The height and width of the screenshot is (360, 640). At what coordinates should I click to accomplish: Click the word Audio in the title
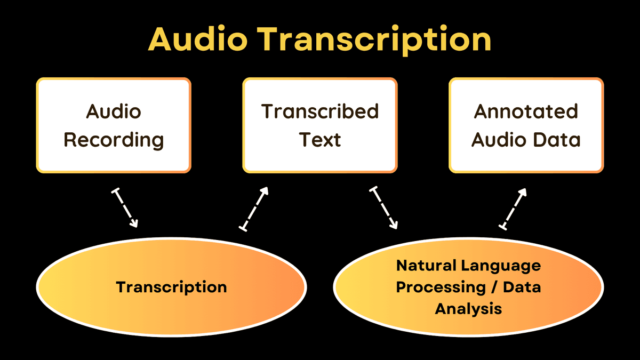point(198,39)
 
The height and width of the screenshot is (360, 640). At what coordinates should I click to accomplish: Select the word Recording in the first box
point(114,140)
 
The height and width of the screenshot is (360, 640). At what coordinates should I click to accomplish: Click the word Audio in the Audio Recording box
point(114,111)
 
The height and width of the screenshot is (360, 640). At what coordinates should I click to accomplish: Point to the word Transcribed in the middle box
point(320,111)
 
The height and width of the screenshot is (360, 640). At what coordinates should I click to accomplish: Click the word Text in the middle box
point(320,140)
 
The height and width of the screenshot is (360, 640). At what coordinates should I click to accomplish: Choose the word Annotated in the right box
point(526,111)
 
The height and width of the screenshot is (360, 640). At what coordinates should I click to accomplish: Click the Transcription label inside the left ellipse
point(171,287)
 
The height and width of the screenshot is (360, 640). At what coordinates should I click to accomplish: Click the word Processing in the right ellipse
point(441,287)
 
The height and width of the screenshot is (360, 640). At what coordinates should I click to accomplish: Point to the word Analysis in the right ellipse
point(469,309)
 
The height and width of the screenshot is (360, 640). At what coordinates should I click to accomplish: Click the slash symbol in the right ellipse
point(494,287)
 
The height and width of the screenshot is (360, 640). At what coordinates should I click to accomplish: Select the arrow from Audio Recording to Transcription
point(125,208)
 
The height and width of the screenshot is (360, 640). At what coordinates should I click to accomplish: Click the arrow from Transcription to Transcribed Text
point(254,209)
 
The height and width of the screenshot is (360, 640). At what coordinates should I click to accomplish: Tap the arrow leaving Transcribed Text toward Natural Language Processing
point(383,207)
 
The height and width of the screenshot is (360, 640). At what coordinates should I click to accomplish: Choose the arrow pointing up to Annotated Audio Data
point(513,209)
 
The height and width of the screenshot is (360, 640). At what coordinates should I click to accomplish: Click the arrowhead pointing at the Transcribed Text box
point(265,191)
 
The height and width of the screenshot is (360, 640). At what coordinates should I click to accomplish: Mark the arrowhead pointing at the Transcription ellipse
point(134,223)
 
